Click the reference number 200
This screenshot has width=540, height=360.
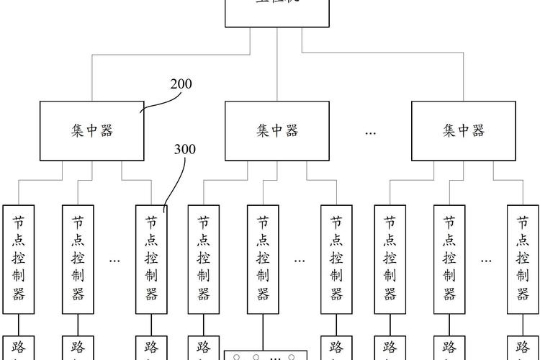(x=181, y=84)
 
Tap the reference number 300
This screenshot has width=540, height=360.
(x=184, y=150)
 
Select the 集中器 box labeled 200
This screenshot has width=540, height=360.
(x=91, y=130)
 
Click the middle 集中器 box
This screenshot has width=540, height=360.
(x=277, y=130)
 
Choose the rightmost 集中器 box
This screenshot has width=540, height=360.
(x=463, y=130)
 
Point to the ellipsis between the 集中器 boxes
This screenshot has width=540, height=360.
(x=371, y=132)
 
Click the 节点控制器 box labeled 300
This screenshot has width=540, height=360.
(x=151, y=259)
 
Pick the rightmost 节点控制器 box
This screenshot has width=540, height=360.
(x=523, y=259)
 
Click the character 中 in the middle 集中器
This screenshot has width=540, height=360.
(x=277, y=130)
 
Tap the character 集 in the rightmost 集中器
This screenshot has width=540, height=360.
(x=449, y=130)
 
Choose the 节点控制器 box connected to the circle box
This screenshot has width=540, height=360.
(x=263, y=259)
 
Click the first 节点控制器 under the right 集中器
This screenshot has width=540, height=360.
(x=390, y=259)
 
